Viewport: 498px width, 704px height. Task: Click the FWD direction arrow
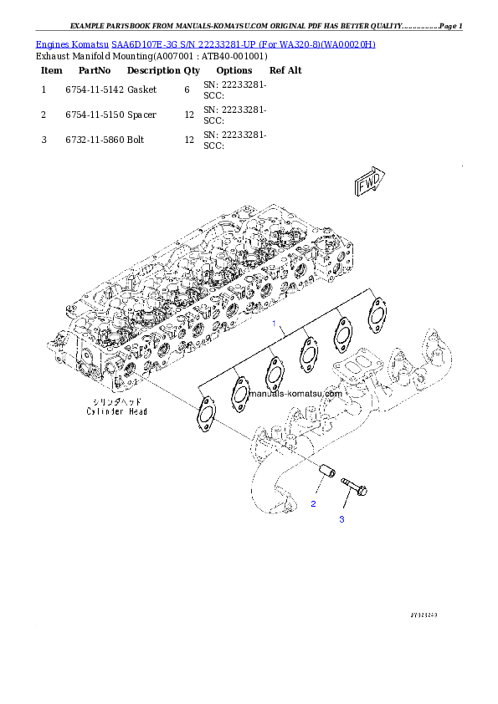(369, 183)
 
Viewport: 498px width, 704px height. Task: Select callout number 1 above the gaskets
(272, 322)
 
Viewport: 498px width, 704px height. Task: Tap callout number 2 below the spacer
(313, 504)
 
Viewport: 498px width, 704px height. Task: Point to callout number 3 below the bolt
(341, 519)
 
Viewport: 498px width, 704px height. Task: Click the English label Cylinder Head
(116, 411)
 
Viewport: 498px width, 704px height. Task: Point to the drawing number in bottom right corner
(424, 615)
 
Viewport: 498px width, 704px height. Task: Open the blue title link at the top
(205, 43)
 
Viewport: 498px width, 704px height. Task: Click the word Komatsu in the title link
(88, 43)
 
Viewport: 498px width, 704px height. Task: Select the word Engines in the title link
(51, 43)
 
